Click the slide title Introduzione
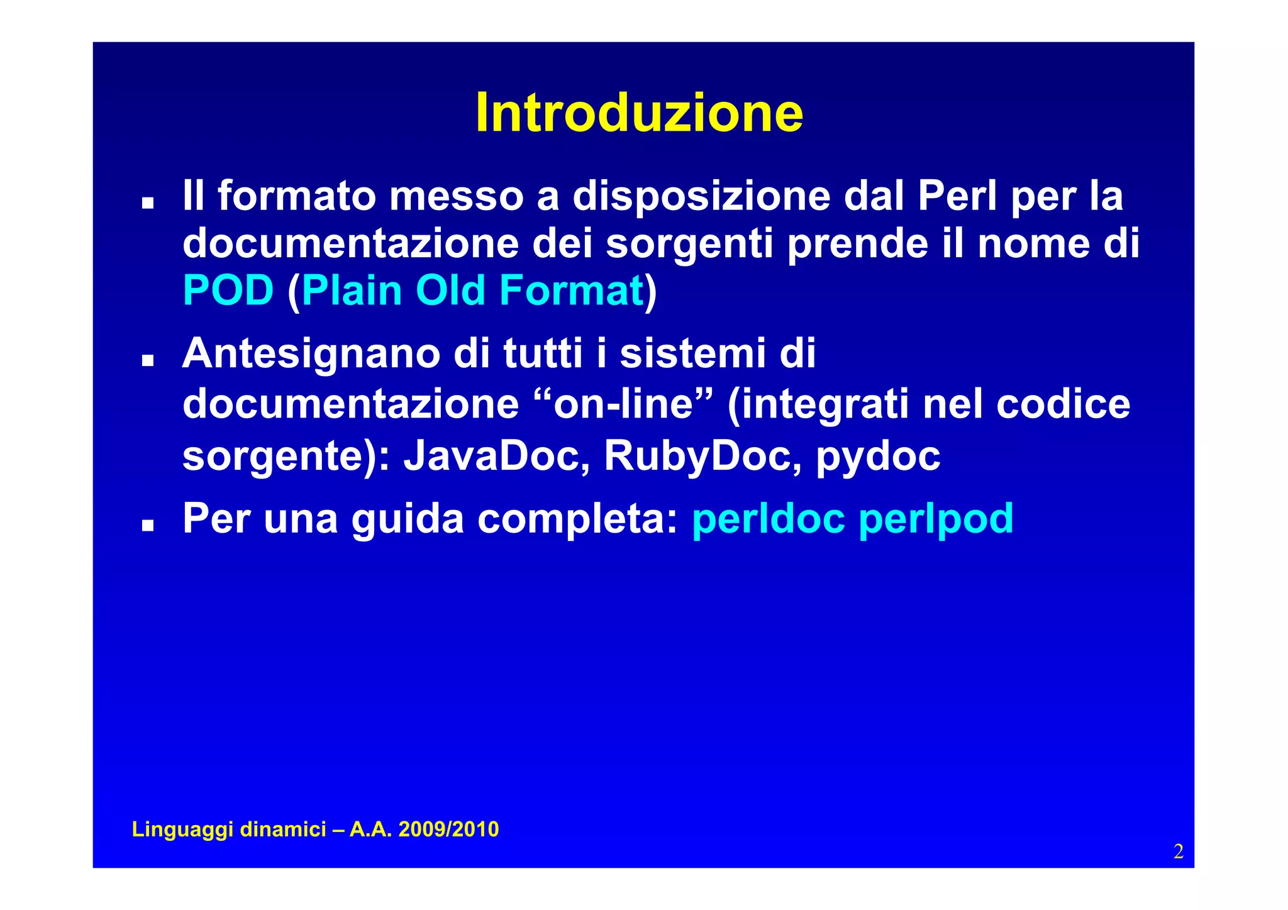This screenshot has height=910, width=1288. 639,113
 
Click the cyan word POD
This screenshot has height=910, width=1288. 228,291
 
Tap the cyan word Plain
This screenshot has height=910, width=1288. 352,291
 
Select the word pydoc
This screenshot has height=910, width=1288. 878,457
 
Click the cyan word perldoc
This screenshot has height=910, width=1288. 768,519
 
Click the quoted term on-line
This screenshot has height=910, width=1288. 623,404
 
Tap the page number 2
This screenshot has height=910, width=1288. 1178,852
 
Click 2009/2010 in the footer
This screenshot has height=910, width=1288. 448,830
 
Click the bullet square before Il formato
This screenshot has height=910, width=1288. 148,203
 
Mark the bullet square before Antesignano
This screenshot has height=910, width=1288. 148,360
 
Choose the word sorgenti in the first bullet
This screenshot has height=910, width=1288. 689,244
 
